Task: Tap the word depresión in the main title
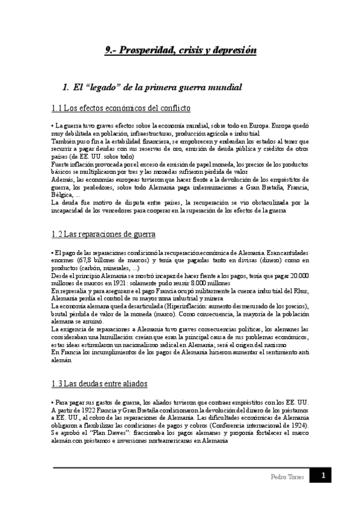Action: (x=234, y=51)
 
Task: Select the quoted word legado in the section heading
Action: (x=100, y=87)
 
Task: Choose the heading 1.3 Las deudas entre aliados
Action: (x=100, y=384)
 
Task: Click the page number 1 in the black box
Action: (x=323, y=476)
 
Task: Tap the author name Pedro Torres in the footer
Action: (x=284, y=477)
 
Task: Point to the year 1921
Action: (x=138, y=283)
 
